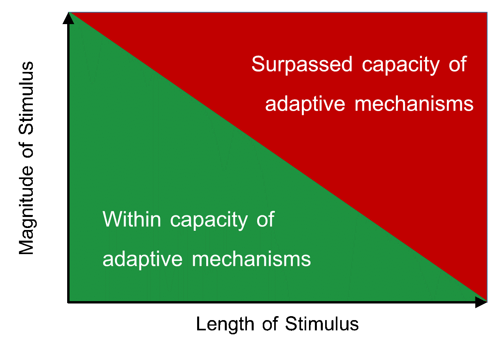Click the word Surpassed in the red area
click(x=302, y=64)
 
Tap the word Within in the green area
click(x=132, y=219)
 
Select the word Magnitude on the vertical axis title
click(x=26, y=210)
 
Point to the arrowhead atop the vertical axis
click(x=68, y=18)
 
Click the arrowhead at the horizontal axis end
click(x=481, y=302)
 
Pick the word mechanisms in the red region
click(x=414, y=104)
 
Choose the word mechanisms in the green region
click(x=251, y=259)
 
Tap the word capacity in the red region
click(x=401, y=66)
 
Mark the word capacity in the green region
click(x=209, y=221)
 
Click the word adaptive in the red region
click(x=305, y=105)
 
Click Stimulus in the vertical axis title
click(x=26, y=98)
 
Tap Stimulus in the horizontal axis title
click(x=322, y=324)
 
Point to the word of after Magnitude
click(x=26, y=150)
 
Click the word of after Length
click(x=270, y=324)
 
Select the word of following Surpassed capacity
click(x=458, y=64)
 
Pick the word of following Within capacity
click(x=266, y=219)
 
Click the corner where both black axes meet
click(x=68, y=302)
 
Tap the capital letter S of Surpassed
click(x=258, y=64)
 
